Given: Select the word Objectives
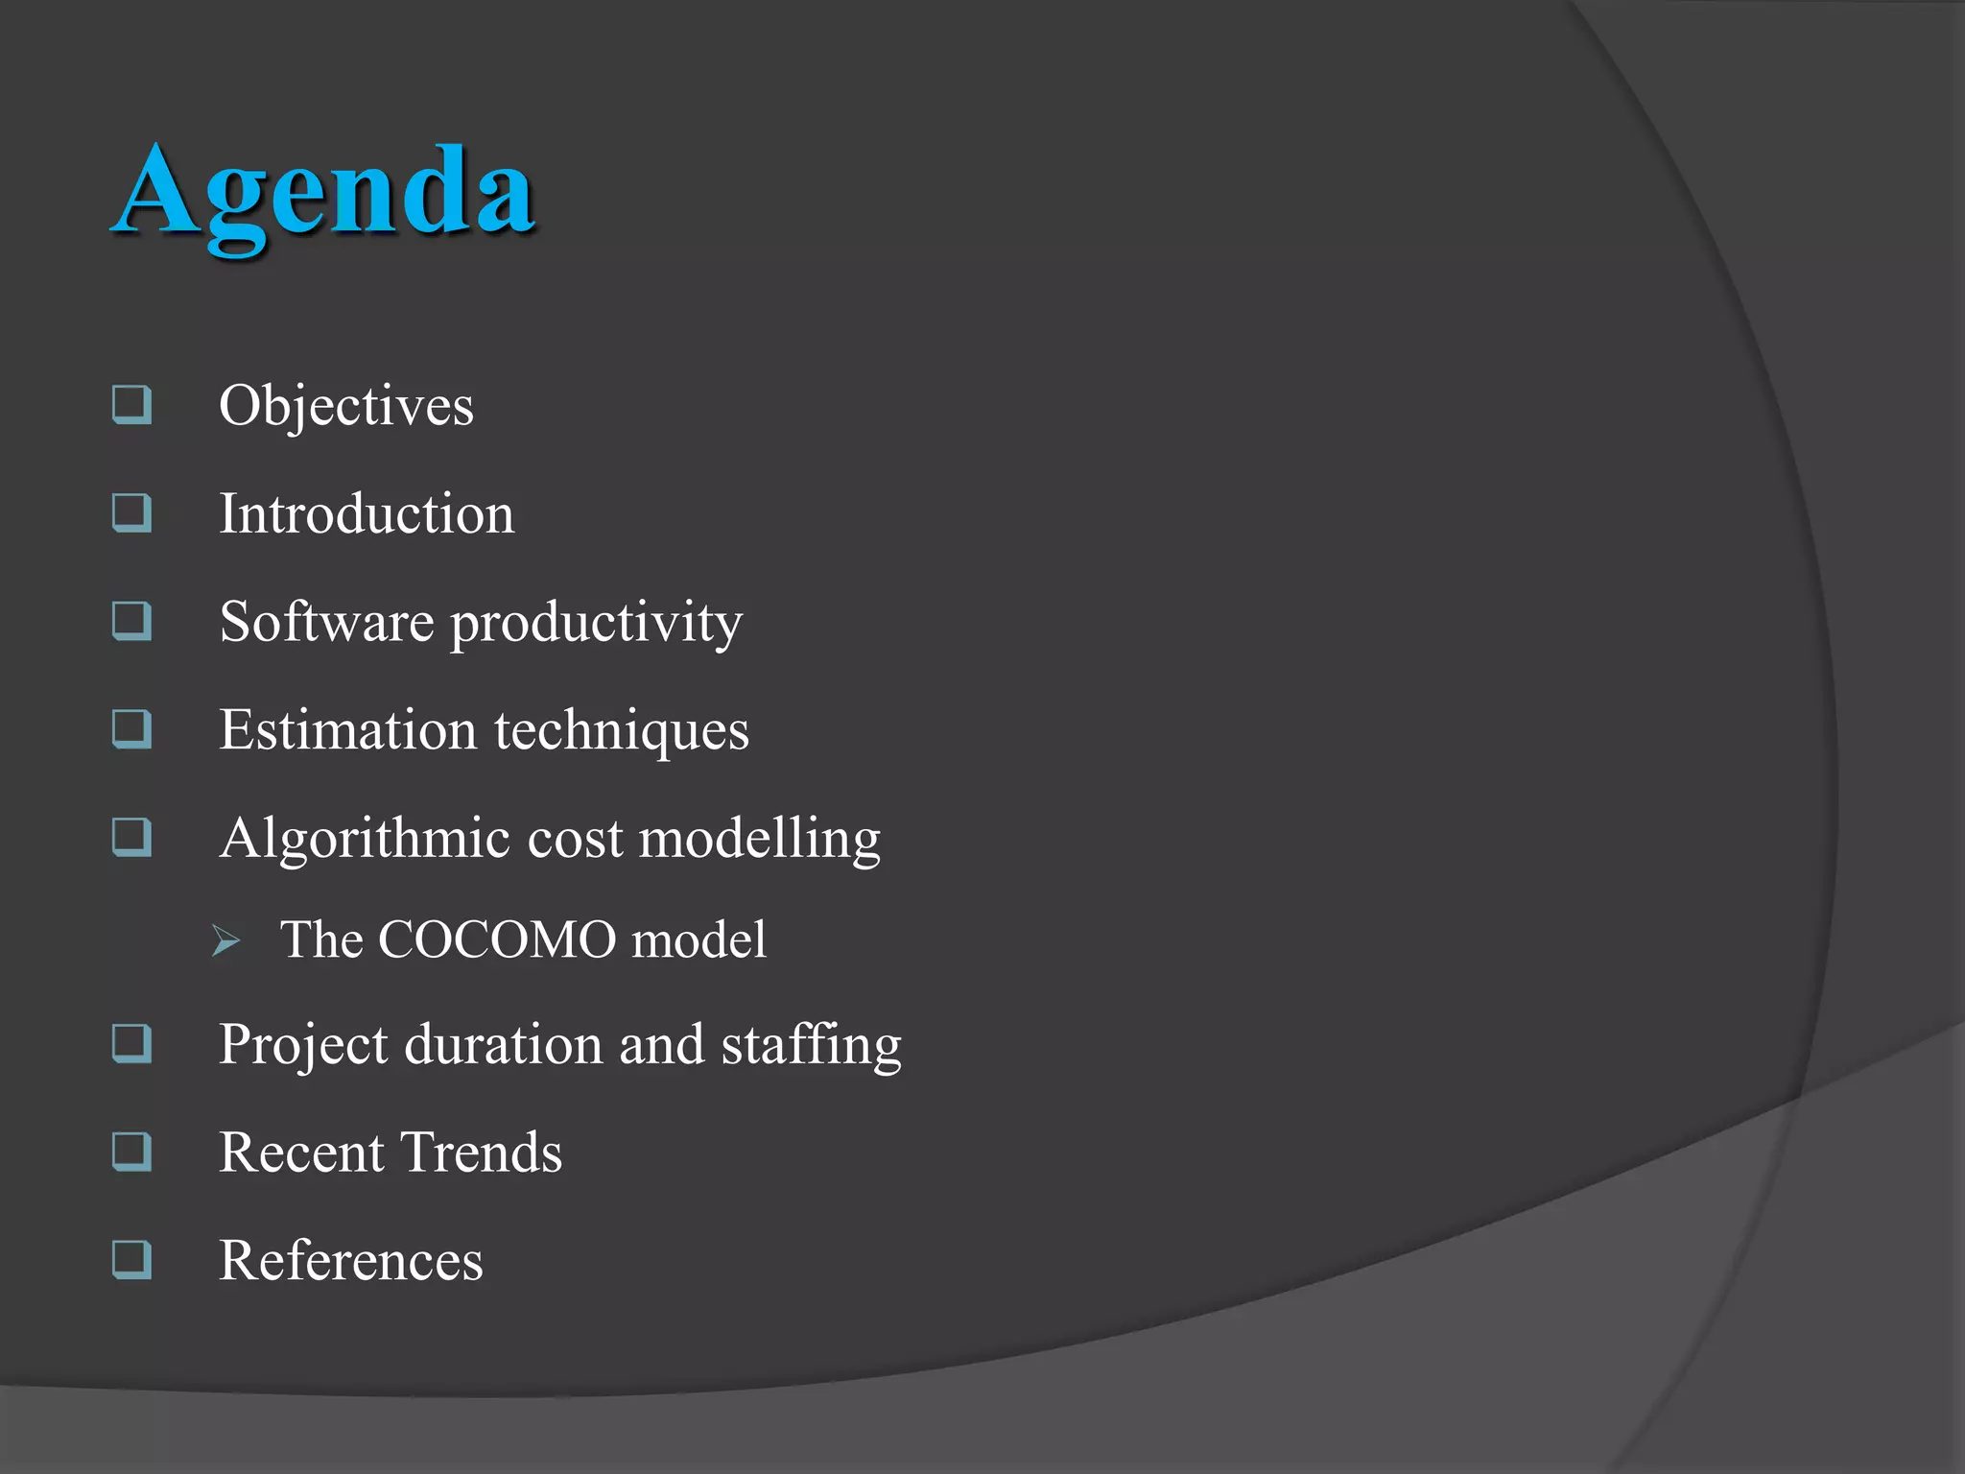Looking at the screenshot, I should point(346,406).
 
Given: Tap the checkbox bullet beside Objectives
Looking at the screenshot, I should point(131,404).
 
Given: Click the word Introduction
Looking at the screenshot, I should point(367,513).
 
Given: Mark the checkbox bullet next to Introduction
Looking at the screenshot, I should point(131,512).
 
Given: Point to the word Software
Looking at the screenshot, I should point(326,622).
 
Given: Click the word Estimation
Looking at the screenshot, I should point(347,730).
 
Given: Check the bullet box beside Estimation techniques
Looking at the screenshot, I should point(131,728).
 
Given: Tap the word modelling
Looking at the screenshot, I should point(759,839).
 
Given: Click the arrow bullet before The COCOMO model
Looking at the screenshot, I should point(226,940).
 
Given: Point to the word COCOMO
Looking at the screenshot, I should point(497,939).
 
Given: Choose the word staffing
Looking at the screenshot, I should point(812,1045).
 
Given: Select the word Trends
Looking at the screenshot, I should point(481,1153).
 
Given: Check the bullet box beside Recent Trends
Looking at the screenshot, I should point(131,1151).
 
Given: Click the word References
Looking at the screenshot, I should point(351,1261).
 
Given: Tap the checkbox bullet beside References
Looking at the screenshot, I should point(131,1259).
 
